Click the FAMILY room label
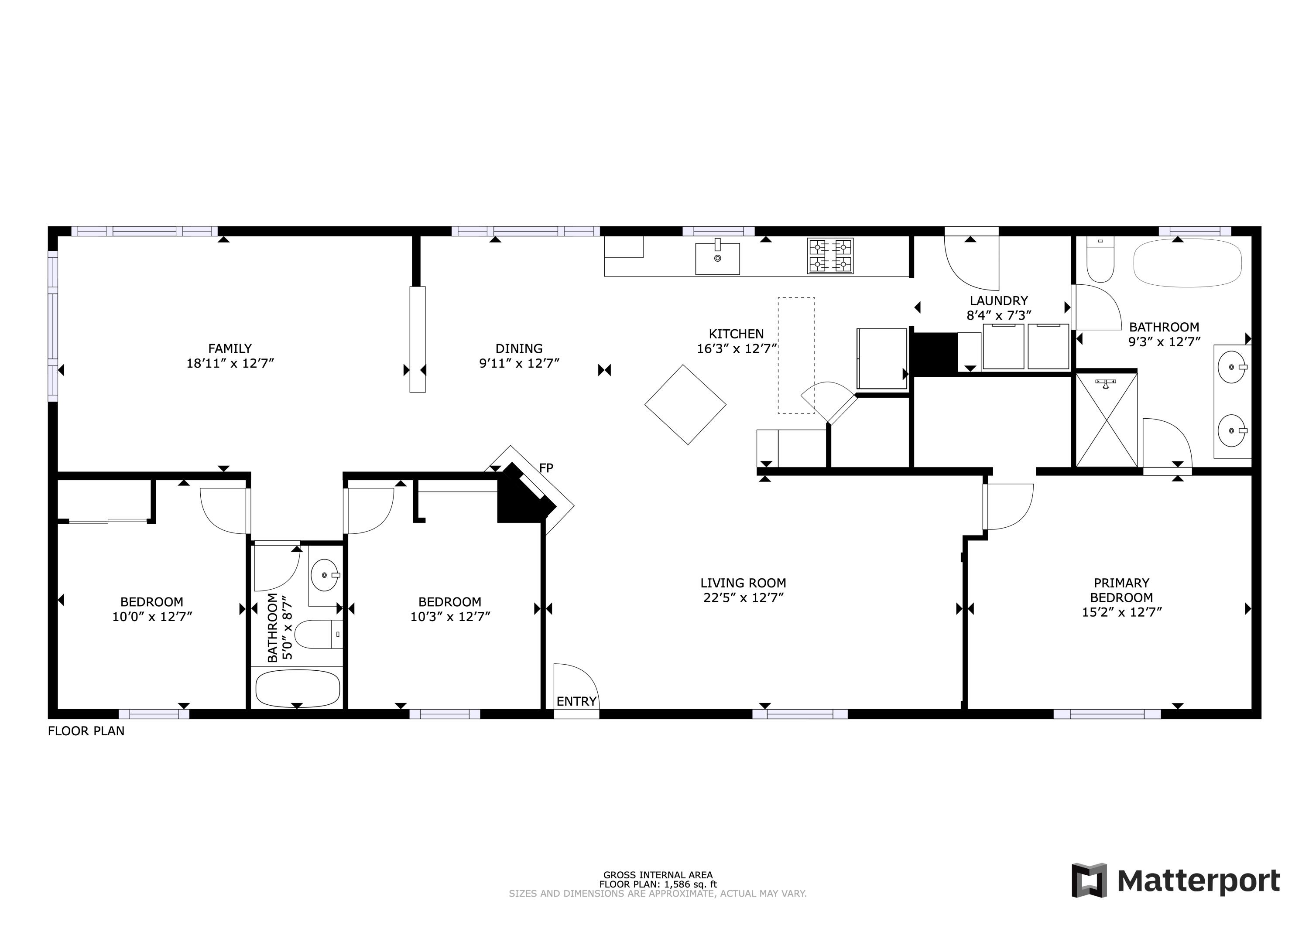tap(230, 348)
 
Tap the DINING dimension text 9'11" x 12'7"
tap(519, 363)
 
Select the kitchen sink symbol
tap(717, 258)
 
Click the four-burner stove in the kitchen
tap(830, 256)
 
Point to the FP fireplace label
tap(545, 468)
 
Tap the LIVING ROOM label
tap(743, 583)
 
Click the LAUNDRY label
tap(999, 300)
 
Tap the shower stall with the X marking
tap(1106, 420)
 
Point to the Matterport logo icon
tap(1089, 880)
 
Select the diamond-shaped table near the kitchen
tap(685, 405)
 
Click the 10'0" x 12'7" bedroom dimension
tap(152, 616)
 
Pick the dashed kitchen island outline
tap(796, 355)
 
